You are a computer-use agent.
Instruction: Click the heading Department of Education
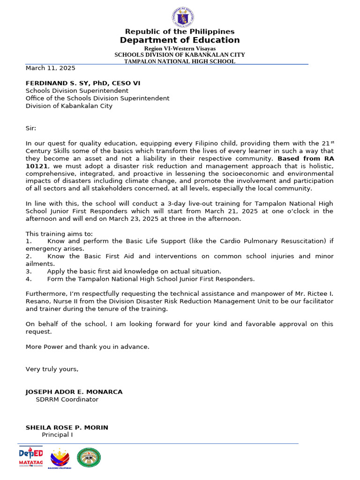coord(180,40)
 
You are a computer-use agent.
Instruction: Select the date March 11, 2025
coord(50,68)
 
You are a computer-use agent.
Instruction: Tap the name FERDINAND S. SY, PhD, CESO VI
coord(82,83)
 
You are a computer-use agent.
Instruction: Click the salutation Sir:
coord(30,128)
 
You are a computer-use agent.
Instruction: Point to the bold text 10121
coord(37,166)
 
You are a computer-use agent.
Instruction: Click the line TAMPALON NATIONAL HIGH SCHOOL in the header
coord(180,61)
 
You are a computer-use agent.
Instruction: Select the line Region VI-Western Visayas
coord(180,49)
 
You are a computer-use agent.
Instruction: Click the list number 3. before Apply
coord(29,271)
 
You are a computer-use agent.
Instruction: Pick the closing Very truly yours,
coord(52,369)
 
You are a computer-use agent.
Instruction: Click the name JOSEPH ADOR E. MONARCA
coord(74,392)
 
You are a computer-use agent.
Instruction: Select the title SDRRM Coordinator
coord(67,399)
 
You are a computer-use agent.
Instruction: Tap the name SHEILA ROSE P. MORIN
coord(67,427)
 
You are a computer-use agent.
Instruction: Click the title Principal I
coord(57,435)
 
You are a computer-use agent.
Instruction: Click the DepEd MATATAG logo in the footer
coord(30,457)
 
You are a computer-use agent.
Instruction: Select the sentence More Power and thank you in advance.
coord(87,347)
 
